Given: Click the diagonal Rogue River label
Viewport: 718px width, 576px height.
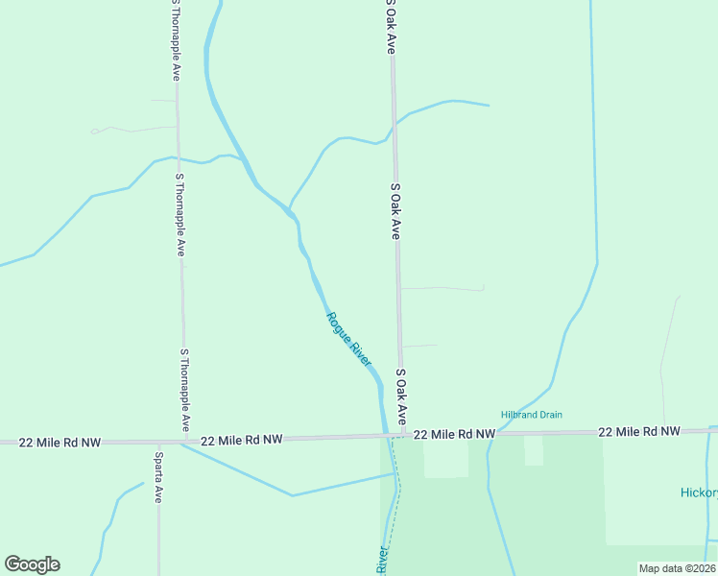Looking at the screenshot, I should (x=348, y=339).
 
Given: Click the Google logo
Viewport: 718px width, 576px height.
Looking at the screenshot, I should (x=32, y=564).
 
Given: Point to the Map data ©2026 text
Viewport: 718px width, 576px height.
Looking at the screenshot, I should (x=677, y=568).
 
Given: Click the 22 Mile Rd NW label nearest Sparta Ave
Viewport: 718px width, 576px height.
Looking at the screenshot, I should (x=243, y=440).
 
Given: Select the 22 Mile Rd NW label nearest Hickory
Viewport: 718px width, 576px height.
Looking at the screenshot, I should (x=638, y=433).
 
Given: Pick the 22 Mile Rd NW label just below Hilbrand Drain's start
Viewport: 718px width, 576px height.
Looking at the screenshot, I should (x=455, y=435).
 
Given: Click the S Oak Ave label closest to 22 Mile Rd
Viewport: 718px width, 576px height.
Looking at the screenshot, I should (x=401, y=396).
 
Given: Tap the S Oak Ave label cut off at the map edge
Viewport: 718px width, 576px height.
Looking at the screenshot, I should (x=391, y=27).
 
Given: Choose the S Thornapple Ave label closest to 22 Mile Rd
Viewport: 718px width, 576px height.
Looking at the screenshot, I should (x=184, y=390).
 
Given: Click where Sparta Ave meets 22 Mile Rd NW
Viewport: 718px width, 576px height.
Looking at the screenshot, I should (x=158, y=443).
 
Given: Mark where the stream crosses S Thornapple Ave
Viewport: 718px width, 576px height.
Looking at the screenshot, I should (x=178, y=158).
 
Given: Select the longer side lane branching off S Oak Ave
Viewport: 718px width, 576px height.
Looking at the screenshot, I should (x=442, y=287).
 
